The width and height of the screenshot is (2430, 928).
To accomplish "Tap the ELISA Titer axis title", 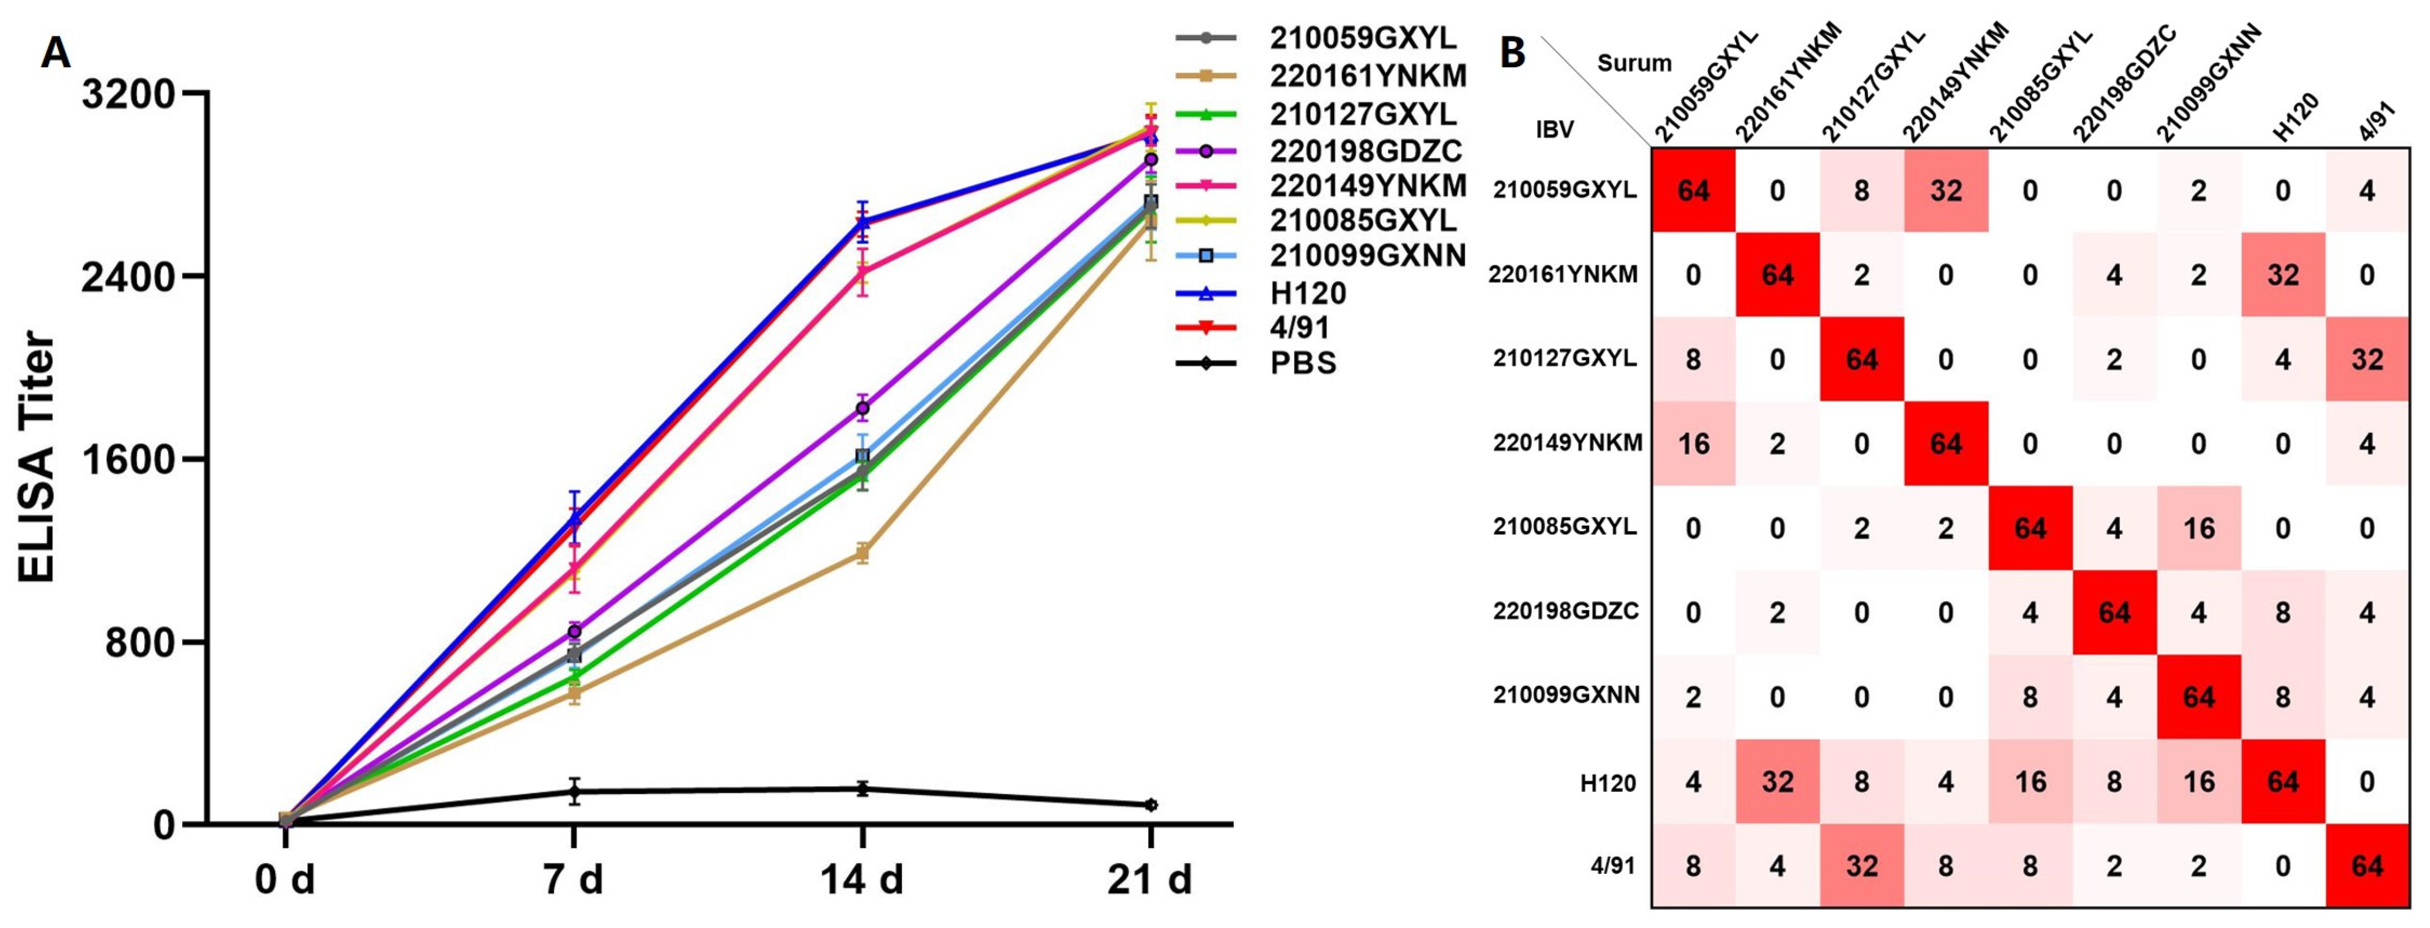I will pyautogui.click(x=38, y=457).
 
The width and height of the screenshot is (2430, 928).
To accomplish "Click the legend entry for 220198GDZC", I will pyautogui.click(x=1365, y=150).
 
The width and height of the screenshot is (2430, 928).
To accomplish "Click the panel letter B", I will pyautogui.click(x=1512, y=54).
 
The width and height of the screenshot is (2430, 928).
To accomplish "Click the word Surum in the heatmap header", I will pyautogui.click(x=1634, y=63).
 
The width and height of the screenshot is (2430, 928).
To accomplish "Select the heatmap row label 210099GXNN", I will pyautogui.click(x=1566, y=695).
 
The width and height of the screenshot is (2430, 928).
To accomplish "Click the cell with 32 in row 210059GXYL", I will pyautogui.click(x=1946, y=190).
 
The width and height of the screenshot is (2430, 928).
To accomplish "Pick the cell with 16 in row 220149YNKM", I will pyautogui.click(x=1693, y=443).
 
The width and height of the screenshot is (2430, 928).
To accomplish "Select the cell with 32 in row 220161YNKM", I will pyautogui.click(x=2283, y=274).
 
